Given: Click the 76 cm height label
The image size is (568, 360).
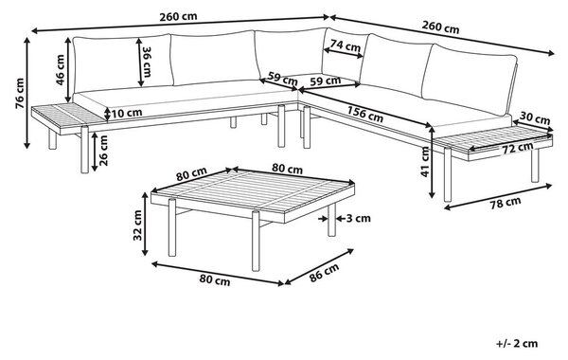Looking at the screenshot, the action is tap(20, 93).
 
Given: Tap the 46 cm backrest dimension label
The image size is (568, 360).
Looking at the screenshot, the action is tap(61, 69).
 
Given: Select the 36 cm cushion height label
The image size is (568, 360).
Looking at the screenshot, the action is tap(147, 62).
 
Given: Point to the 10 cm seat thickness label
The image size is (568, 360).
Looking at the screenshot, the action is tap(127, 113).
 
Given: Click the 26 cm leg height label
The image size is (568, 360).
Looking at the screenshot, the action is tap(103, 151).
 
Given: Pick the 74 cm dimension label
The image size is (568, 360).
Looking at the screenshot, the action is tap(346, 45).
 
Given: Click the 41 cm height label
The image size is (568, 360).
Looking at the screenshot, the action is tap(425, 162).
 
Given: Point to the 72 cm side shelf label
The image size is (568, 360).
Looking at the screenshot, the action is tap(517, 148).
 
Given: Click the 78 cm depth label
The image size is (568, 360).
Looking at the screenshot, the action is tap(506, 203).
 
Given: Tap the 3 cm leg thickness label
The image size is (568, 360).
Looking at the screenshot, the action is tap(359, 218).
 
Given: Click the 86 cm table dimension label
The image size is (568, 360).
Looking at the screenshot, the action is tap(324, 272).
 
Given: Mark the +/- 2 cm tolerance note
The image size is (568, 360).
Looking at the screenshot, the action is tap(517, 343).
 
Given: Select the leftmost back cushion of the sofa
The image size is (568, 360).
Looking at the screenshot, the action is tap(123, 63).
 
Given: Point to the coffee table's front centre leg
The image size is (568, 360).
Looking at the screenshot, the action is tap(256, 241).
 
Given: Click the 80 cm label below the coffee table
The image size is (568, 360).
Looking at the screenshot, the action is tap(215, 279).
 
